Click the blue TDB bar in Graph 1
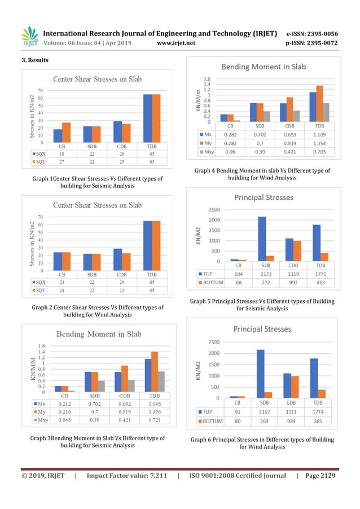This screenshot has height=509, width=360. click(148, 119)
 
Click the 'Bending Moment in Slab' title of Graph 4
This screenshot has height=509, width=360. click(263, 67)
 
